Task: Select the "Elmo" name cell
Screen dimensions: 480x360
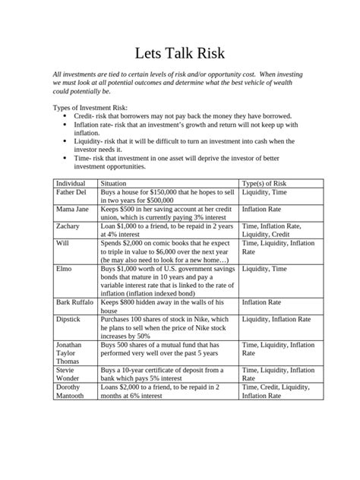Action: point(63,268)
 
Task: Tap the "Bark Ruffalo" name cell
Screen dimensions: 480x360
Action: point(75,302)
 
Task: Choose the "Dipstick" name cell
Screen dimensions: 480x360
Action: point(69,320)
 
